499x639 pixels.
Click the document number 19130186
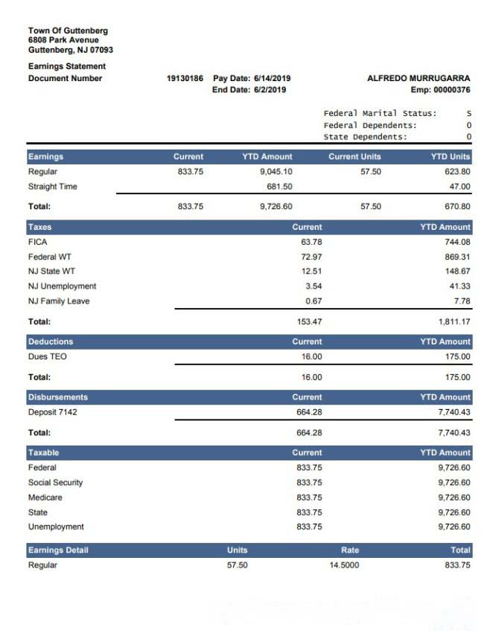point(185,78)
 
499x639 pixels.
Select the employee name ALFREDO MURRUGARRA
point(419,78)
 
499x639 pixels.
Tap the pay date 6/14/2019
point(266,78)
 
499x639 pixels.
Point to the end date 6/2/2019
point(264,90)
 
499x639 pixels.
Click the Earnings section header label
point(45,157)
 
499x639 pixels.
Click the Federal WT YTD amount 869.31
point(455,257)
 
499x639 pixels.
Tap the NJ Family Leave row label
point(59,301)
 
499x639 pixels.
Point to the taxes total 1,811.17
point(454,322)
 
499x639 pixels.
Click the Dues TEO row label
point(48,356)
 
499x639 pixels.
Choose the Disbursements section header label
point(58,397)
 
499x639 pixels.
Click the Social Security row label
point(56,483)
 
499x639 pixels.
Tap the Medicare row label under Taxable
point(45,498)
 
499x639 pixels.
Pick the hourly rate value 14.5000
point(344,565)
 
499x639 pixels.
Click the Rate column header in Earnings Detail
point(349,550)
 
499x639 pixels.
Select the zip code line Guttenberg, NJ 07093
point(71,50)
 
